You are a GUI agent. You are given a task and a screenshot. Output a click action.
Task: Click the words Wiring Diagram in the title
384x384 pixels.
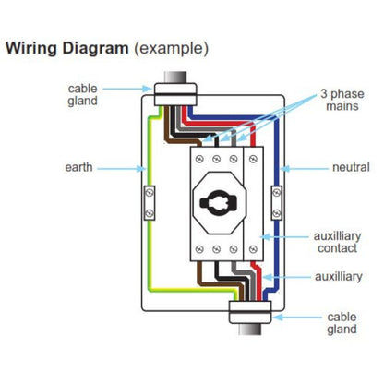click(x=67, y=47)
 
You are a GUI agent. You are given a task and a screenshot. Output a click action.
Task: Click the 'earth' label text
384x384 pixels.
click(x=78, y=168)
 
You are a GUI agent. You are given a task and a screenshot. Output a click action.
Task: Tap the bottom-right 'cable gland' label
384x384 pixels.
click(x=341, y=323)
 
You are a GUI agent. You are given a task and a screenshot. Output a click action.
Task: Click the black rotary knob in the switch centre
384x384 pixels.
click(x=220, y=200)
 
